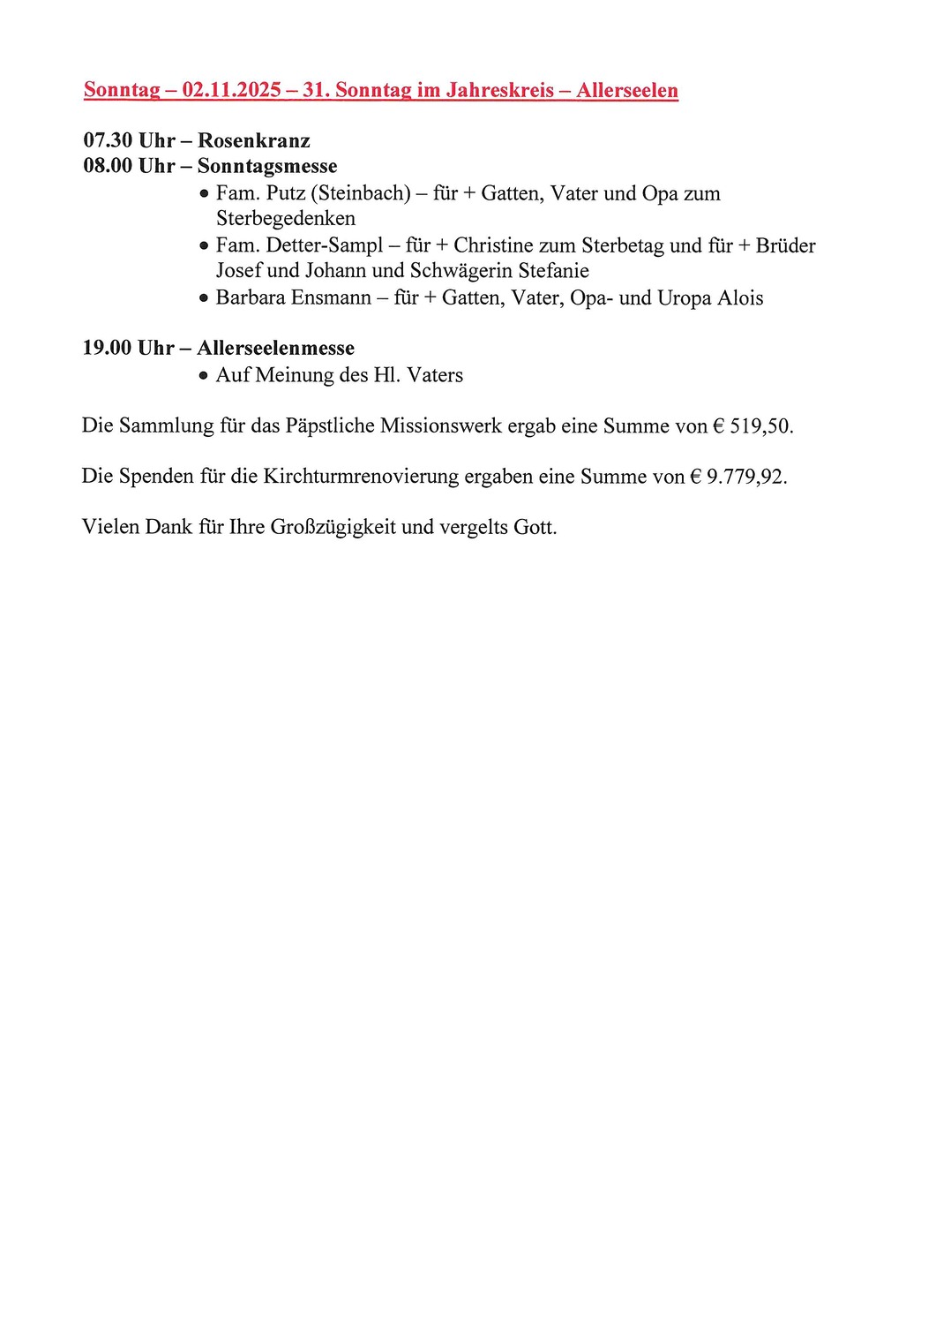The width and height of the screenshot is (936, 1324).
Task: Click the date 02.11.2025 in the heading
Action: [x=231, y=90]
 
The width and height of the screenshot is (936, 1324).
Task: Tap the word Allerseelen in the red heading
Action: [x=627, y=90]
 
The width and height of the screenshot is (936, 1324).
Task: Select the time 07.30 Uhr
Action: [x=129, y=140]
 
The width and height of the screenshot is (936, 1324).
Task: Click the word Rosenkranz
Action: [x=254, y=140]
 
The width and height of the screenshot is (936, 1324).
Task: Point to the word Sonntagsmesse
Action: [x=267, y=166]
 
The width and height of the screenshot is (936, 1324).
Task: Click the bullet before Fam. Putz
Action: [x=204, y=193]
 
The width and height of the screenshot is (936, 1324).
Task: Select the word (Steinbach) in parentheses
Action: [x=361, y=193]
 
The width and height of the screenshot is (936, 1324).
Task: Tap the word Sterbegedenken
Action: [x=286, y=218]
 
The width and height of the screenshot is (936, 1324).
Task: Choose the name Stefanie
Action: [x=553, y=270]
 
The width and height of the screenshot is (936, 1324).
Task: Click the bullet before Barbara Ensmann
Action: [x=204, y=298]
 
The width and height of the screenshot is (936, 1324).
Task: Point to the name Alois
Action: [x=740, y=298]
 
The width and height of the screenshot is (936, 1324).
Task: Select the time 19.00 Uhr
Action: [x=129, y=348]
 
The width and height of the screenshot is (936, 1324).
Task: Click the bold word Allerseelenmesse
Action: [x=275, y=348]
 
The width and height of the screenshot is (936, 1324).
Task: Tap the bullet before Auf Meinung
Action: [x=204, y=376]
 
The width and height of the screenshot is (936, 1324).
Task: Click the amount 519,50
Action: [x=760, y=426]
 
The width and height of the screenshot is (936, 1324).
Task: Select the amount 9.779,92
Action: [x=745, y=477]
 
